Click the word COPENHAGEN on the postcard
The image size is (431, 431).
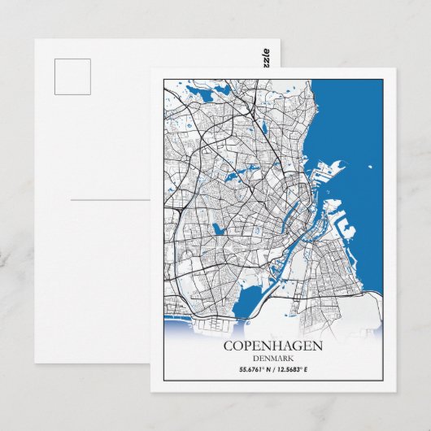click(x=272, y=346)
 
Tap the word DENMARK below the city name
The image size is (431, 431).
click(x=273, y=359)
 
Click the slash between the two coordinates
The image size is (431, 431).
click(x=273, y=371)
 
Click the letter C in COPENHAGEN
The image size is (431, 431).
click(x=227, y=346)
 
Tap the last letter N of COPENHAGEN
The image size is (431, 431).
click(x=318, y=346)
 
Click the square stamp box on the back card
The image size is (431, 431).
click(x=72, y=76)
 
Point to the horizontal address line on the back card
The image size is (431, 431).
click(x=110, y=199)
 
